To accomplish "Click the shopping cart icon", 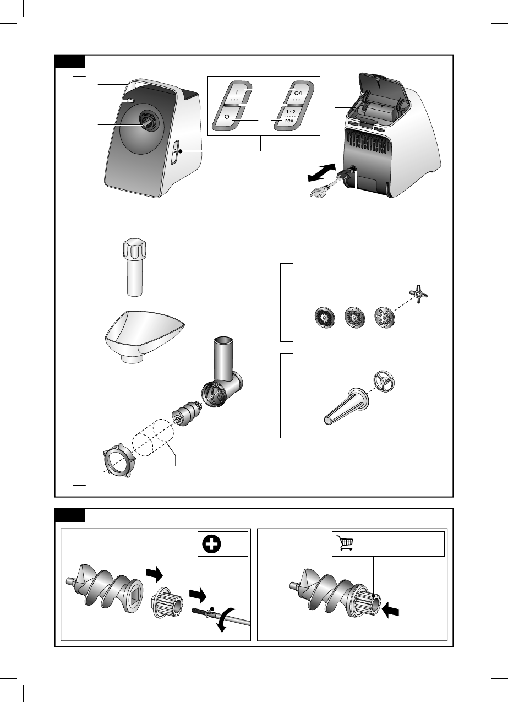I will coord(345,543).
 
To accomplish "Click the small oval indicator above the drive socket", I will coord(131,101).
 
